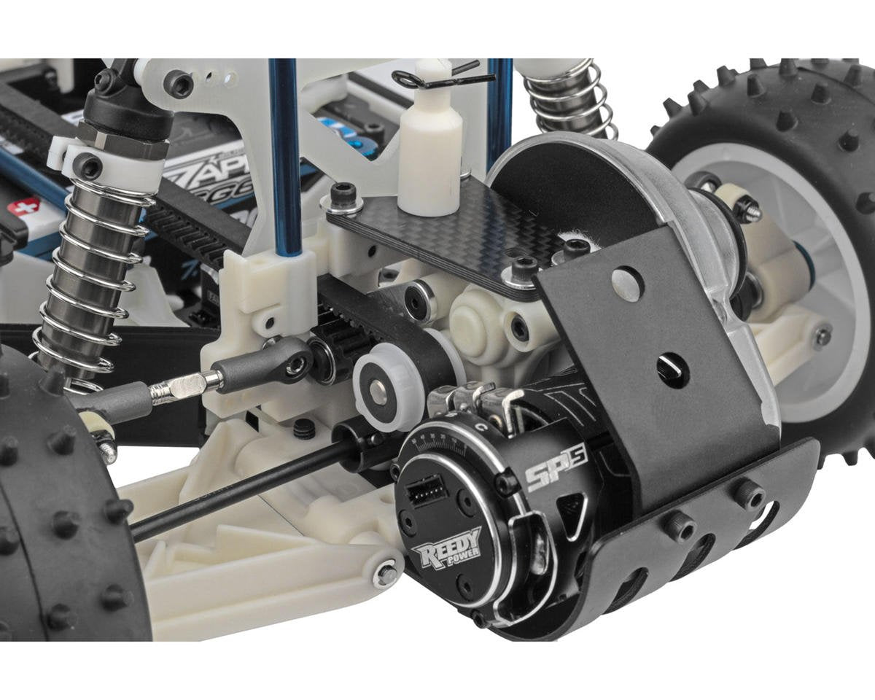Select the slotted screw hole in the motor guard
coord(672,365)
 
